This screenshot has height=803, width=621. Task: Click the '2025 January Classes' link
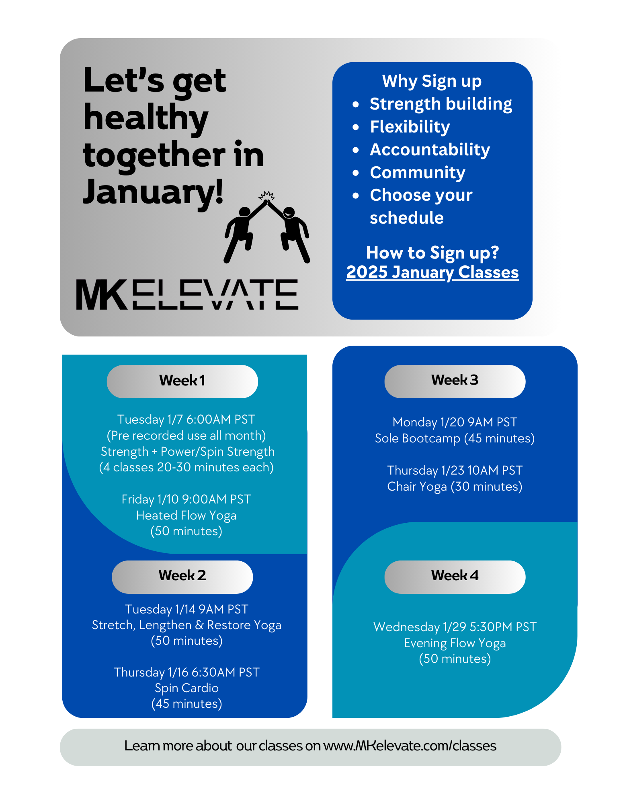(x=432, y=273)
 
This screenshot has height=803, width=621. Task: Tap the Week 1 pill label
(x=182, y=381)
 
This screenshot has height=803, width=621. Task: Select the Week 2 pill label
(x=182, y=577)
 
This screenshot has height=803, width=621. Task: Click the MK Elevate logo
(x=187, y=294)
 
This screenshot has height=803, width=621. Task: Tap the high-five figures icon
(x=267, y=227)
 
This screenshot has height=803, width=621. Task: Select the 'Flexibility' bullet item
(x=410, y=127)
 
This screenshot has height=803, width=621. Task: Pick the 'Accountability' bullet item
(x=430, y=150)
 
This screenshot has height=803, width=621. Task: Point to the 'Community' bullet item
(x=417, y=173)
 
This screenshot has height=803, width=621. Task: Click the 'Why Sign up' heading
(x=432, y=81)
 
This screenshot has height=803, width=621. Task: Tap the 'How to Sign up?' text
(x=432, y=253)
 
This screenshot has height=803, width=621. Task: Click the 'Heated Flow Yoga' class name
(x=186, y=516)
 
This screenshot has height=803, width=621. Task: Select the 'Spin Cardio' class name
(x=187, y=688)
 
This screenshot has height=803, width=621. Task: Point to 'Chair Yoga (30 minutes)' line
(x=455, y=487)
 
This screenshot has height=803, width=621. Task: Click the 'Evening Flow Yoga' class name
(x=455, y=643)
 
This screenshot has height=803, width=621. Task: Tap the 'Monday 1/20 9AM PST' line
(x=455, y=422)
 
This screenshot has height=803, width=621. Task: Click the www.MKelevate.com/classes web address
(x=410, y=746)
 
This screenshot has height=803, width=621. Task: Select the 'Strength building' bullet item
(x=441, y=104)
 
